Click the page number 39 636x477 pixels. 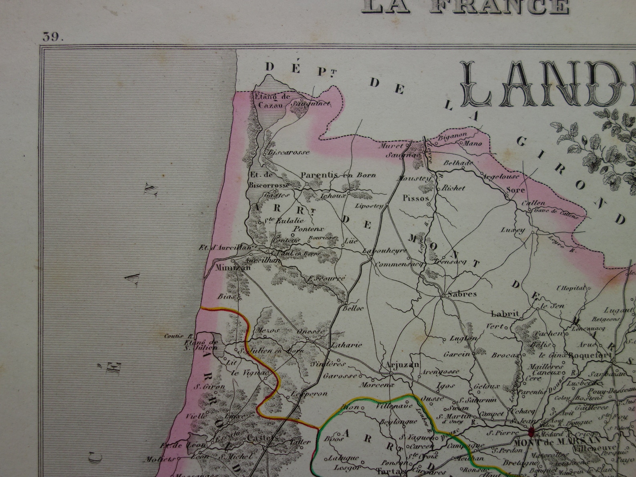[x=53, y=37]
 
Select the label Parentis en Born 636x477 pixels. [x=338, y=175]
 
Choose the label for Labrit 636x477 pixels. [x=505, y=314]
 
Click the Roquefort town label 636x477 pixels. [x=590, y=354]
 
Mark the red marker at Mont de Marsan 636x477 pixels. [x=531, y=431]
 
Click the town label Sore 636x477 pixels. [x=515, y=190]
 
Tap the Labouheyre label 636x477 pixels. [x=384, y=251]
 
